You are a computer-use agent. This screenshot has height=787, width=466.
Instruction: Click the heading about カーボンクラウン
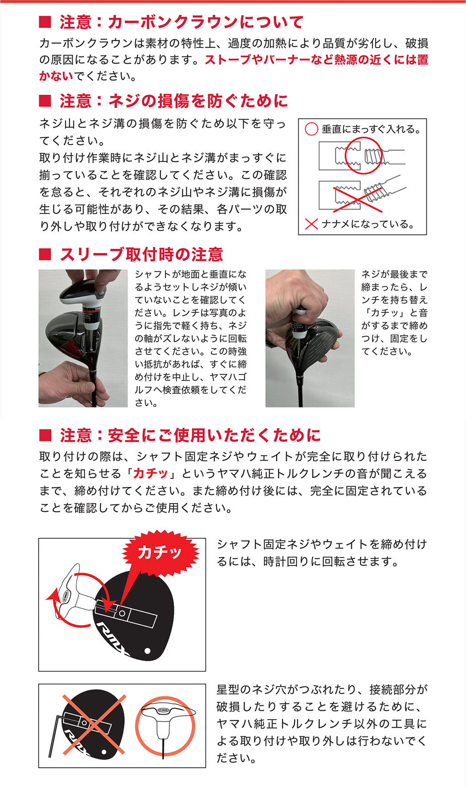181,22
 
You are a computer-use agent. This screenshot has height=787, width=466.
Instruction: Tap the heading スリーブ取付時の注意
141,254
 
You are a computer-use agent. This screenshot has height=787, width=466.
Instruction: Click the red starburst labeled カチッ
160,552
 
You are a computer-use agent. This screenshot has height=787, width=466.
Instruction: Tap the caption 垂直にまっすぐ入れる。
371,129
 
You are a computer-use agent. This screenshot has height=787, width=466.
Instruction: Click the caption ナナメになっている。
368,224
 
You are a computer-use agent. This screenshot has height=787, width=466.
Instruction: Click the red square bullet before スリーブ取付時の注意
45,255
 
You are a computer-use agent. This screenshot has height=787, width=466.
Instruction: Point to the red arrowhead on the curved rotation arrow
52,596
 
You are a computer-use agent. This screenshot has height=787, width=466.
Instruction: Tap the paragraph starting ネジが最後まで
394,313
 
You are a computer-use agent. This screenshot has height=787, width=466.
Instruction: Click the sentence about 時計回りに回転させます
321,552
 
